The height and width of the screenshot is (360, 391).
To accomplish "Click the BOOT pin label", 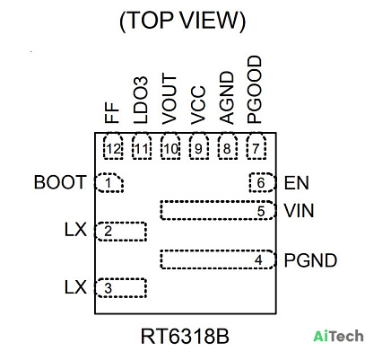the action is (x=60, y=182).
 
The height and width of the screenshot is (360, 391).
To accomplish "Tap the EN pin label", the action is (x=296, y=183).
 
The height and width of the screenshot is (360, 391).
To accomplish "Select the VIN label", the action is (x=299, y=211).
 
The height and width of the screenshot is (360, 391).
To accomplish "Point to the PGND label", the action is (x=310, y=260).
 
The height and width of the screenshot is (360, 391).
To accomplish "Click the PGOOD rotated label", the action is (x=255, y=90).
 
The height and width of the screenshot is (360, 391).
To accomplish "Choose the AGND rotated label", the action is (x=226, y=98).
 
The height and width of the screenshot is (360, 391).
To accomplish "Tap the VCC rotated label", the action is (x=198, y=105).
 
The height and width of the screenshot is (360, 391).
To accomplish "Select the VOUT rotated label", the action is (x=169, y=100).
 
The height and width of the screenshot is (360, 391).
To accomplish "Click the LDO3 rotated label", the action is (x=141, y=101).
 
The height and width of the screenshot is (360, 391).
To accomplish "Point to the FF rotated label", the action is (x=112, y=112).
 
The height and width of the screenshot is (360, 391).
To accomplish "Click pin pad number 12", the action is (x=113, y=146).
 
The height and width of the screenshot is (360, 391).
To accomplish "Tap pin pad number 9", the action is (x=199, y=146).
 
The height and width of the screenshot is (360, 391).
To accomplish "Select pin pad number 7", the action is (x=256, y=146).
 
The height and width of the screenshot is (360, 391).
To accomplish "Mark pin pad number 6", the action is (x=262, y=182).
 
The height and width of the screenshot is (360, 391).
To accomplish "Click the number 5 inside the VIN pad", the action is (x=261, y=211).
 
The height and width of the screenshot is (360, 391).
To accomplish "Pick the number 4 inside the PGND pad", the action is (x=258, y=260).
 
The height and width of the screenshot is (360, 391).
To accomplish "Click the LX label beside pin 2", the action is (x=75, y=230).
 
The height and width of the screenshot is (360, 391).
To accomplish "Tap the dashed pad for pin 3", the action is (x=121, y=288).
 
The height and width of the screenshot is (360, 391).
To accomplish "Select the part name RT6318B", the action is (x=185, y=336).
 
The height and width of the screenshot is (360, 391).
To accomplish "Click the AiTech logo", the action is (x=338, y=336).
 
